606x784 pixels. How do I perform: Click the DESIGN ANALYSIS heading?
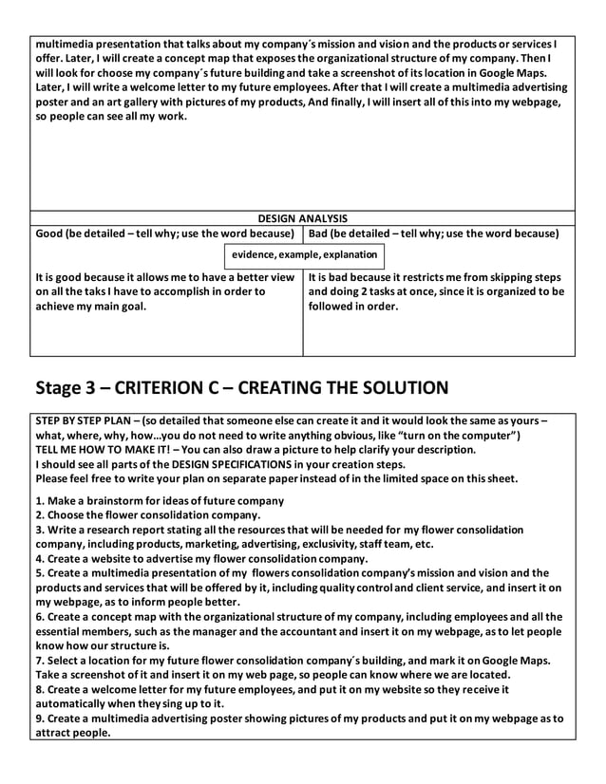[303, 218]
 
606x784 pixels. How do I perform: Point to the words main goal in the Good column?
[120, 307]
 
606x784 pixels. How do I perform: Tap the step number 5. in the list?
[40, 573]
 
